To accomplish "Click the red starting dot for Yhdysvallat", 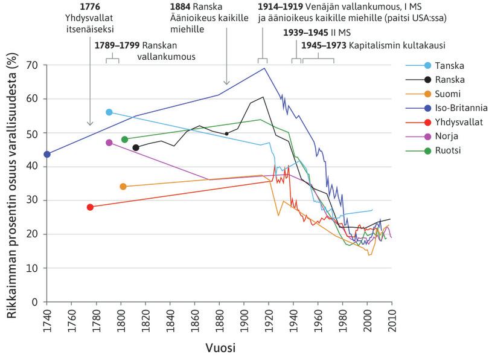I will (90, 207).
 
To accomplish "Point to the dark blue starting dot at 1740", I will (47, 154).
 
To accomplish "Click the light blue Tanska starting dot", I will (109, 112).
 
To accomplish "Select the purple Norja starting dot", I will (109, 143).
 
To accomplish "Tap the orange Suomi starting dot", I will (123, 187).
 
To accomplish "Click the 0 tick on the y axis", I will (36, 302).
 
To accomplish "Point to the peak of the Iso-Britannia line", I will (264, 68).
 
